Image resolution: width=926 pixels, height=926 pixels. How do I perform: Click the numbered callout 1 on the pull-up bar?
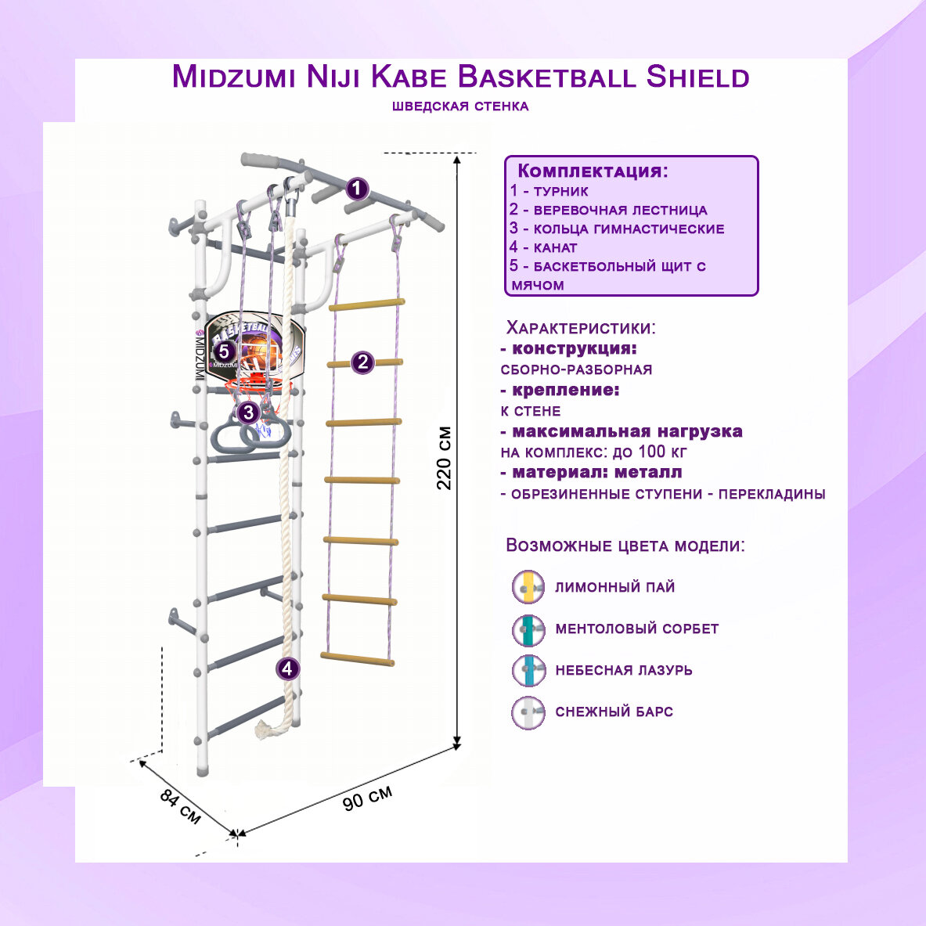click(357, 189)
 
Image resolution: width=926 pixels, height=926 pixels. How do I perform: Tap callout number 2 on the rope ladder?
click(362, 362)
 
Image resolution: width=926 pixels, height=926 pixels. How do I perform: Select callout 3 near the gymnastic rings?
click(248, 412)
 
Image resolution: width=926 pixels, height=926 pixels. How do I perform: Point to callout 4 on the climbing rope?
click(288, 668)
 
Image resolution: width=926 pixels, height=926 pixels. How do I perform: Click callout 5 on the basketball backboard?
click(224, 351)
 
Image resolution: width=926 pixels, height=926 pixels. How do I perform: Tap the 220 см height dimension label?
click(444, 458)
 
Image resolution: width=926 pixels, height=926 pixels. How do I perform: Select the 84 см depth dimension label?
click(180, 807)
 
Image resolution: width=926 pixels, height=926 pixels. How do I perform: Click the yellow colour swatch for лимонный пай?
click(528, 587)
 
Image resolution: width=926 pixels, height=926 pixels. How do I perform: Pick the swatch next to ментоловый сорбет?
click(528, 629)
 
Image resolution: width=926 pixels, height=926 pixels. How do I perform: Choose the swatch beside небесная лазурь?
click(528, 671)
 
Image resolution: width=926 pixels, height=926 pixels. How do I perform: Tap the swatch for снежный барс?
click(528, 712)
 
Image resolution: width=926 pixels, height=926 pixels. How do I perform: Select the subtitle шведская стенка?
click(460, 106)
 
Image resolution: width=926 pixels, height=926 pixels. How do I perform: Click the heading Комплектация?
click(593, 171)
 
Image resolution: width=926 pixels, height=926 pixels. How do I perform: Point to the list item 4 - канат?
click(543, 247)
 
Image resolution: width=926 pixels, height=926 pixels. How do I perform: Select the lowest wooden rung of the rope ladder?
click(357, 658)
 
